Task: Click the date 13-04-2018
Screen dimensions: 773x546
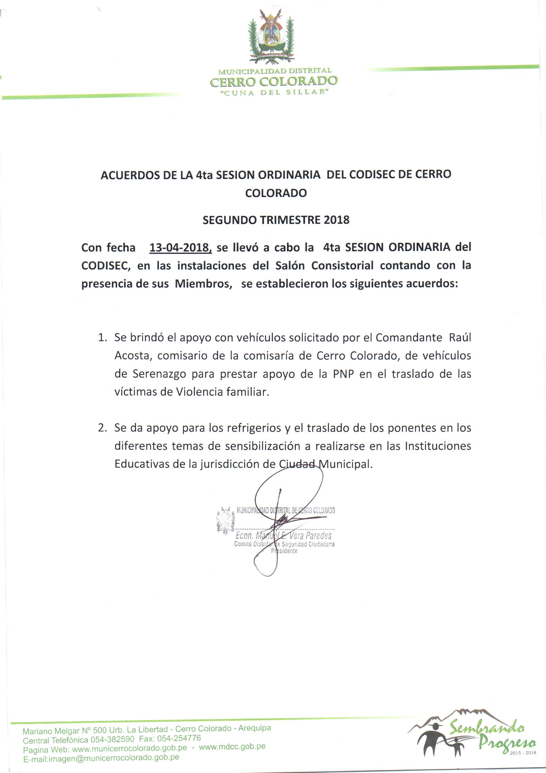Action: [x=180, y=248]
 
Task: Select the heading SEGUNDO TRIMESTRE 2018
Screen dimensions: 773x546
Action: [x=276, y=220]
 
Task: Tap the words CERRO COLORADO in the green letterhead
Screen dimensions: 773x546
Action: [x=273, y=81]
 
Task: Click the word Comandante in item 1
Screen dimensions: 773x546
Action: [x=408, y=337]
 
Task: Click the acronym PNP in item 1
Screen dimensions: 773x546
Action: [x=344, y=374]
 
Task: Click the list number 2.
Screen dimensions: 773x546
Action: [x=102, y=428]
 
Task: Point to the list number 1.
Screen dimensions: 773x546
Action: [x=102, y=337]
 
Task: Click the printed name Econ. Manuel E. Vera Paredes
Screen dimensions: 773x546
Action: [x=283, y=536]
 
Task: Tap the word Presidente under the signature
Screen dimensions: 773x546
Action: [x=285, y=551]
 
